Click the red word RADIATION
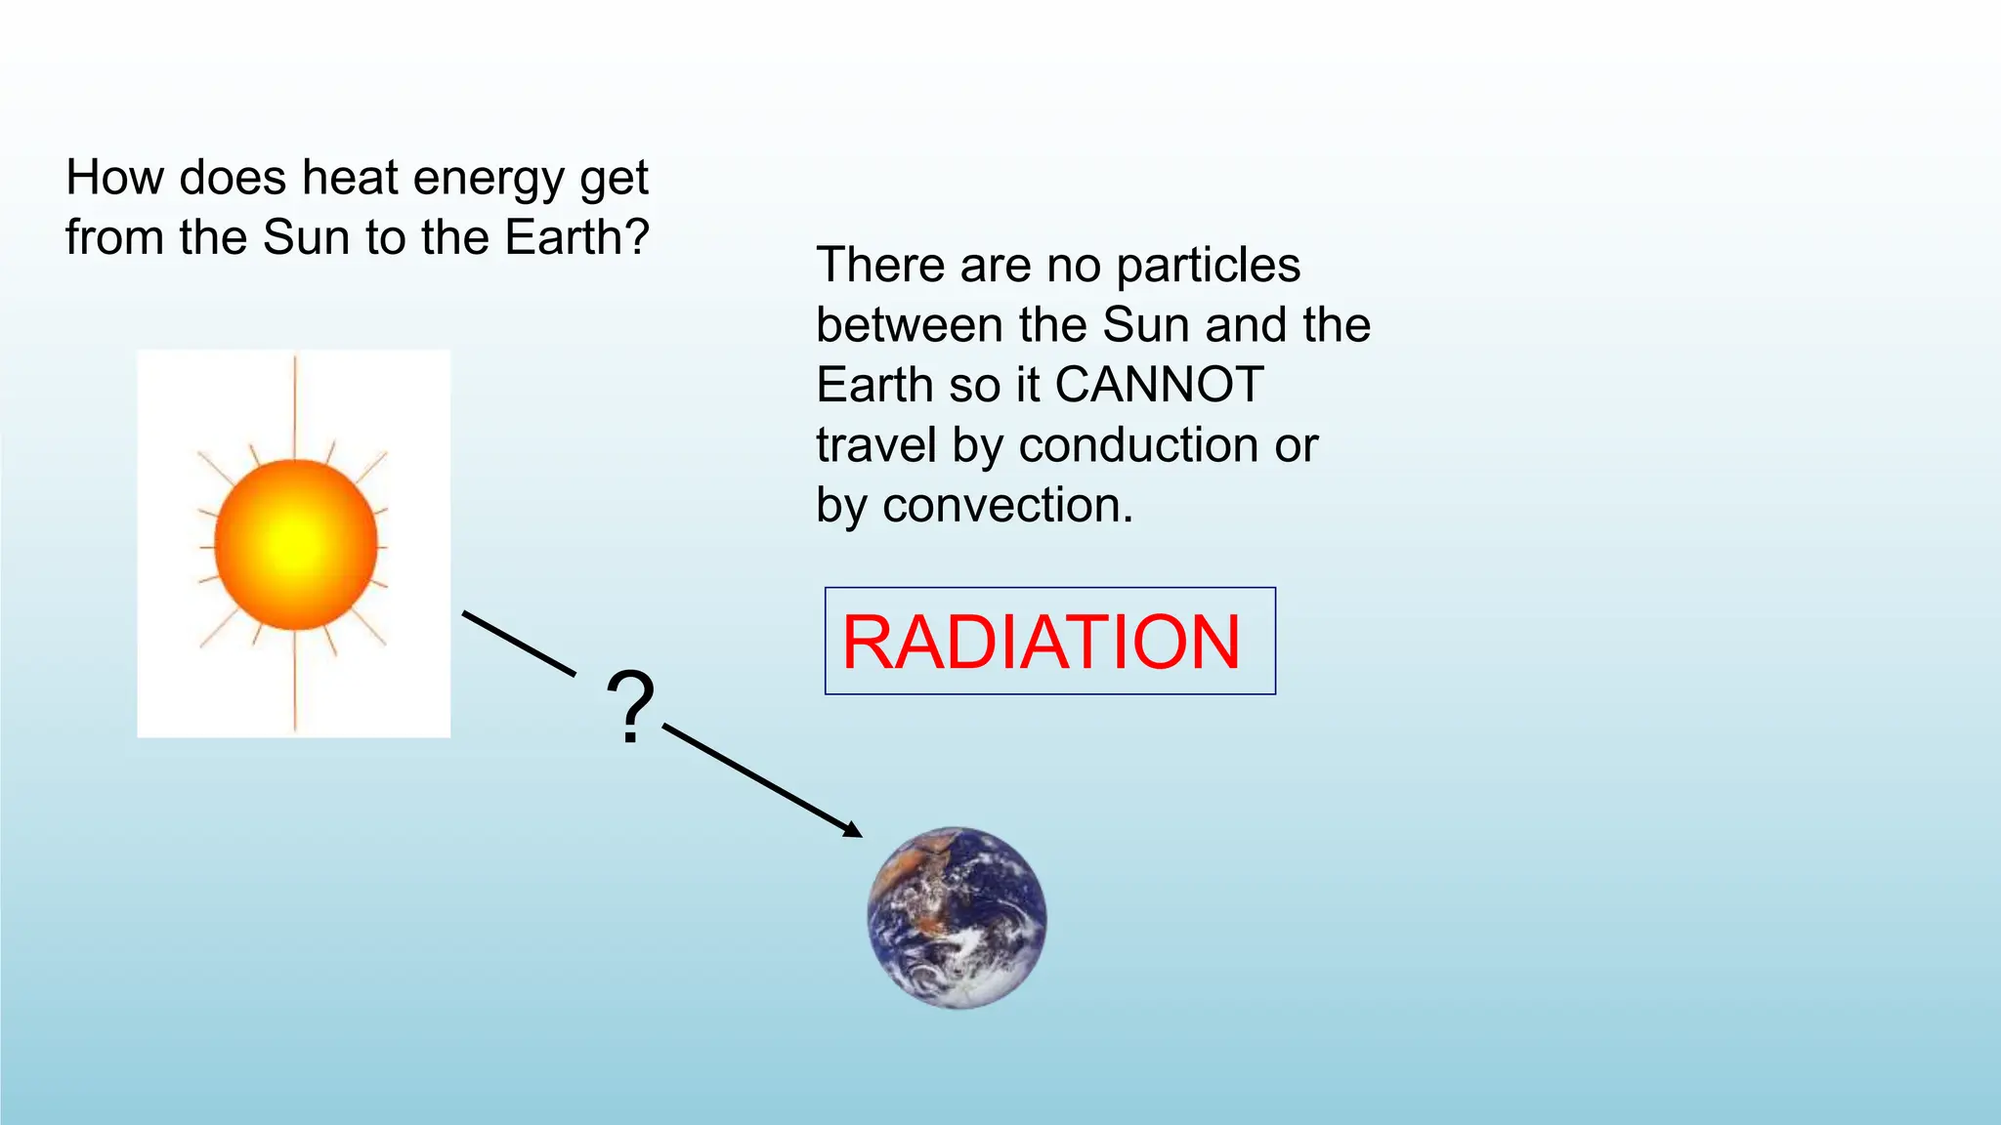(x=1041, y=642)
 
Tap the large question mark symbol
(x=630, y=707)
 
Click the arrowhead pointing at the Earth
(x=851, y=830)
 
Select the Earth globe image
(x=958, y=917)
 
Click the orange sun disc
(x=296, y=543)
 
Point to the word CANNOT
(x=1160, y=385)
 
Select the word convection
(x=1006, y=506)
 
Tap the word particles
(x=1208, y=266)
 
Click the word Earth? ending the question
(x=576, y=237)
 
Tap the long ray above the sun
(x=295, y=405)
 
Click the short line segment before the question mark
(x=519, y=644)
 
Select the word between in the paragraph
(x=910, y=325)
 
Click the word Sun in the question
(x=306, y=237)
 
